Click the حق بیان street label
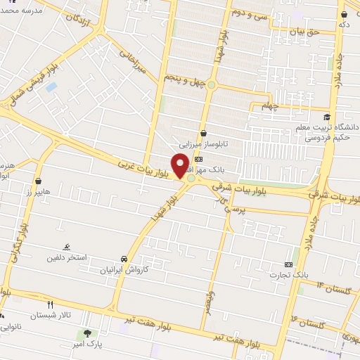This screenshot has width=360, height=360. tap(304, 32)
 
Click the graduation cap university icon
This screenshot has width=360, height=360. tap(326, 117)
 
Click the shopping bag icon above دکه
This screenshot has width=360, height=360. tap(342, 13)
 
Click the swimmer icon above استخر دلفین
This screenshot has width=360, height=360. tap(66, 247)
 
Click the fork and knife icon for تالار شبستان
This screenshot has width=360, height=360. tap(50, 304)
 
